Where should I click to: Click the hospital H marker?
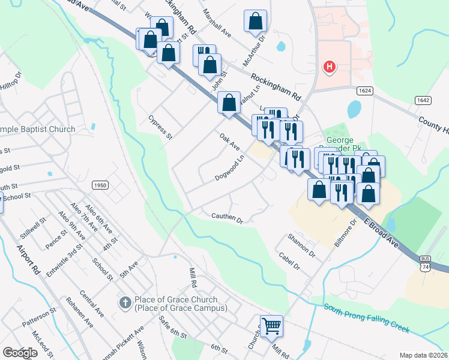tap(328, 67)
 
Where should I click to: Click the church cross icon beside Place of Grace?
tap(125, 302)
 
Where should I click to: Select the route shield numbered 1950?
tap(100, 185)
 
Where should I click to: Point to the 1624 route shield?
tap(364, 90)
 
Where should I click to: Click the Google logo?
tap(20, 353)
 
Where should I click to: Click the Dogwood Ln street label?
tap(231, 169)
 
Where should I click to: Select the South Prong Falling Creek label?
tap(367, 318)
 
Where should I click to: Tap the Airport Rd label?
tap(29, 259)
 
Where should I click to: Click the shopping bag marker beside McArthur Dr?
tap(255, 21)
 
